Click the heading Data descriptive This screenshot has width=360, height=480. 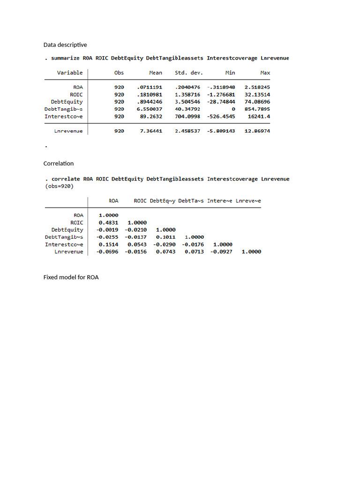pos(65,45)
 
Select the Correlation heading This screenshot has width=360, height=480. pos(59,164)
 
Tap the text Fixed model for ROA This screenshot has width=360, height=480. pos(71,277)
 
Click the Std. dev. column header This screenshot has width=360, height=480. pos(187,73)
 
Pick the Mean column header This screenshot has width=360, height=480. pos(156,73)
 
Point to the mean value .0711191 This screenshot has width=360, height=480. pos(150,87)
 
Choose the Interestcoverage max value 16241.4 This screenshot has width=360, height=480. pos(259,116)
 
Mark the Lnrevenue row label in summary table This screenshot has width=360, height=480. pos(68,131)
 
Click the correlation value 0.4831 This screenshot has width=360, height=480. pos(108,223)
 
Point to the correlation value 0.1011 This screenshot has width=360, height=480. pos(165,237)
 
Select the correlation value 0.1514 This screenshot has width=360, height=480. pos(108,244)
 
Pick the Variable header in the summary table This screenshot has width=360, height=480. pos(70,73)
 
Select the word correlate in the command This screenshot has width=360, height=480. pos(66,179)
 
